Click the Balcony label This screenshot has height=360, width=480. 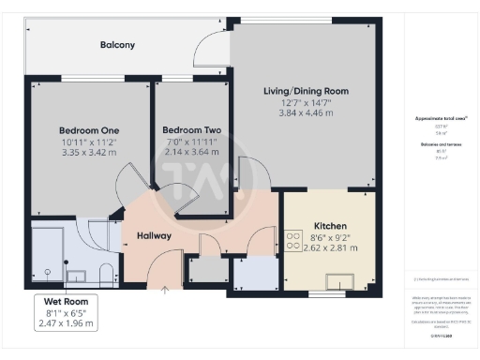click(x=118, y=44)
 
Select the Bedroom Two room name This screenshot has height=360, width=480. click(x=191, y=130)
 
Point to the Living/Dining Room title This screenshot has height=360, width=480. click(x=306, y=91)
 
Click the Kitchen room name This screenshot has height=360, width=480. click(x=331, y=227)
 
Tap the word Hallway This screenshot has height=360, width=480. click(x=154, y=235)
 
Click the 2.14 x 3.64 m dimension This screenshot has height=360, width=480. click(x=191, y=152)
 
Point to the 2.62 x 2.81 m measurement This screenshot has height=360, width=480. click(x=331, y=249)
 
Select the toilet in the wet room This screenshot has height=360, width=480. click(x=104, y=274)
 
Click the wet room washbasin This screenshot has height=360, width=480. click(x=77, y=277)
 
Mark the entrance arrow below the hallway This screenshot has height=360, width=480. click(x=165, y=291)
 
